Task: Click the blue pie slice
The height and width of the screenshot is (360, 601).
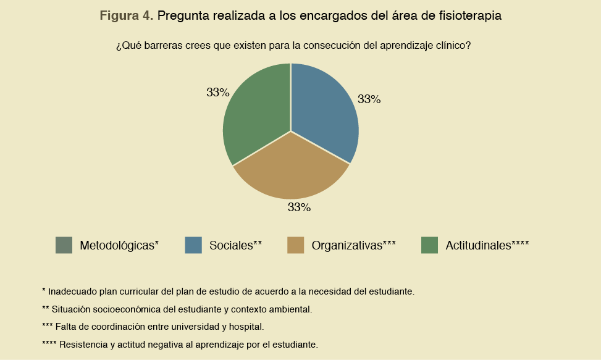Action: point(324,111)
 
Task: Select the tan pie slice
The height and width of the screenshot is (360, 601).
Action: point(292,170)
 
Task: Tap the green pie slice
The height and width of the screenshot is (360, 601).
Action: point(256,111)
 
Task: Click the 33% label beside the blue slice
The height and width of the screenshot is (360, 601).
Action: point(369,99)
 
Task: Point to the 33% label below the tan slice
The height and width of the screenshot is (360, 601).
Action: point(299,207)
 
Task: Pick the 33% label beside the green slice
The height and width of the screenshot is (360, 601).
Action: point(218,93)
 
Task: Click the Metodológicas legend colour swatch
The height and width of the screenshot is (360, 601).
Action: point(64,245)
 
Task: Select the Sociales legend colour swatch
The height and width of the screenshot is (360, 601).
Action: point(193,245)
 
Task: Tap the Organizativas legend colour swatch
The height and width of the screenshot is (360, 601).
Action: point(296,245)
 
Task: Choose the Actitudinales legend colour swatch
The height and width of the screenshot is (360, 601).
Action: point(429,245)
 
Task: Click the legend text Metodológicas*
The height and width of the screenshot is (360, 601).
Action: point(119,245)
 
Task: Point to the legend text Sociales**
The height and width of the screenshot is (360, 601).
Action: point(236,245)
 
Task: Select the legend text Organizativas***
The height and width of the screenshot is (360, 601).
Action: point(353,245)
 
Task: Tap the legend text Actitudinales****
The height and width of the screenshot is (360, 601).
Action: point(487,245)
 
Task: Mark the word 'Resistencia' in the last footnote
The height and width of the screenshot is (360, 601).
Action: point(82,344)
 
